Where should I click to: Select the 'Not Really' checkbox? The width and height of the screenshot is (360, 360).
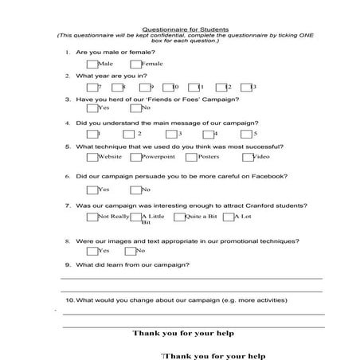(x=92, y=217)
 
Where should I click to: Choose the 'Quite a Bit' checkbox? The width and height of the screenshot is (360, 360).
(x=178, y=217)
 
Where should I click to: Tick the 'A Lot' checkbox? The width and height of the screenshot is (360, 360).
(x=229, y=217)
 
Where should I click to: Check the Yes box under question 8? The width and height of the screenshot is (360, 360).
(x=92, y=251)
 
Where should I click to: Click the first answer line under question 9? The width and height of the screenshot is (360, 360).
(x=191, y=278)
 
